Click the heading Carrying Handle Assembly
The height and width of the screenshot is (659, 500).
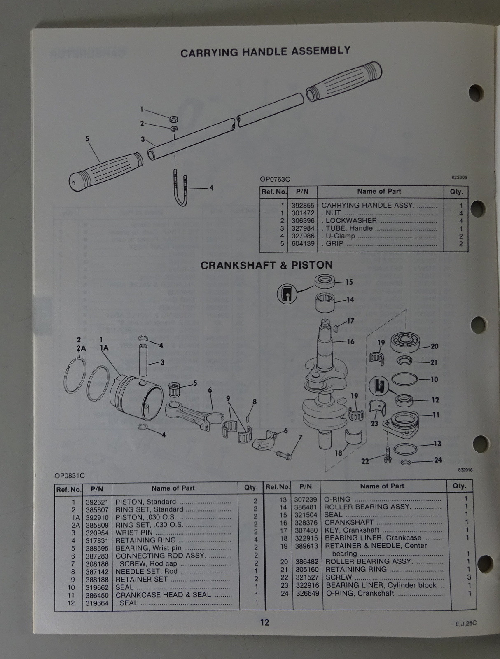point(265,51)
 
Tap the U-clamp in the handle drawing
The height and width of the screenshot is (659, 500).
point(181,188)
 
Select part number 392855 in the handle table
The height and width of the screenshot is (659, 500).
point(303,206)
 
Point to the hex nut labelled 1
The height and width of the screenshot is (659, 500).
point(173,119)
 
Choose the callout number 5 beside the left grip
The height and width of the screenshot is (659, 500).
point(87,139)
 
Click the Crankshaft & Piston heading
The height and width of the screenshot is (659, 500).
point(266,265)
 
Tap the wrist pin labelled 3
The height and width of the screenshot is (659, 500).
point(143,360)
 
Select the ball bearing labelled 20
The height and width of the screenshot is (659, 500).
point(405,343)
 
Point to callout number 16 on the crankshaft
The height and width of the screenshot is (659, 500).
point(350,341)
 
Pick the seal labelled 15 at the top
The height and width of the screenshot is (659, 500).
point(325,282)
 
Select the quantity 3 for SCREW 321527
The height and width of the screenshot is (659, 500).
point(469,577)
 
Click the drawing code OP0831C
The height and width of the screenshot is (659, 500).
point(69,476)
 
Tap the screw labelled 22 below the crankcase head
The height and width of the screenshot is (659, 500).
point(388,455)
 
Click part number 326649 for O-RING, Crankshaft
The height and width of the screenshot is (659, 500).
point(307,593)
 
